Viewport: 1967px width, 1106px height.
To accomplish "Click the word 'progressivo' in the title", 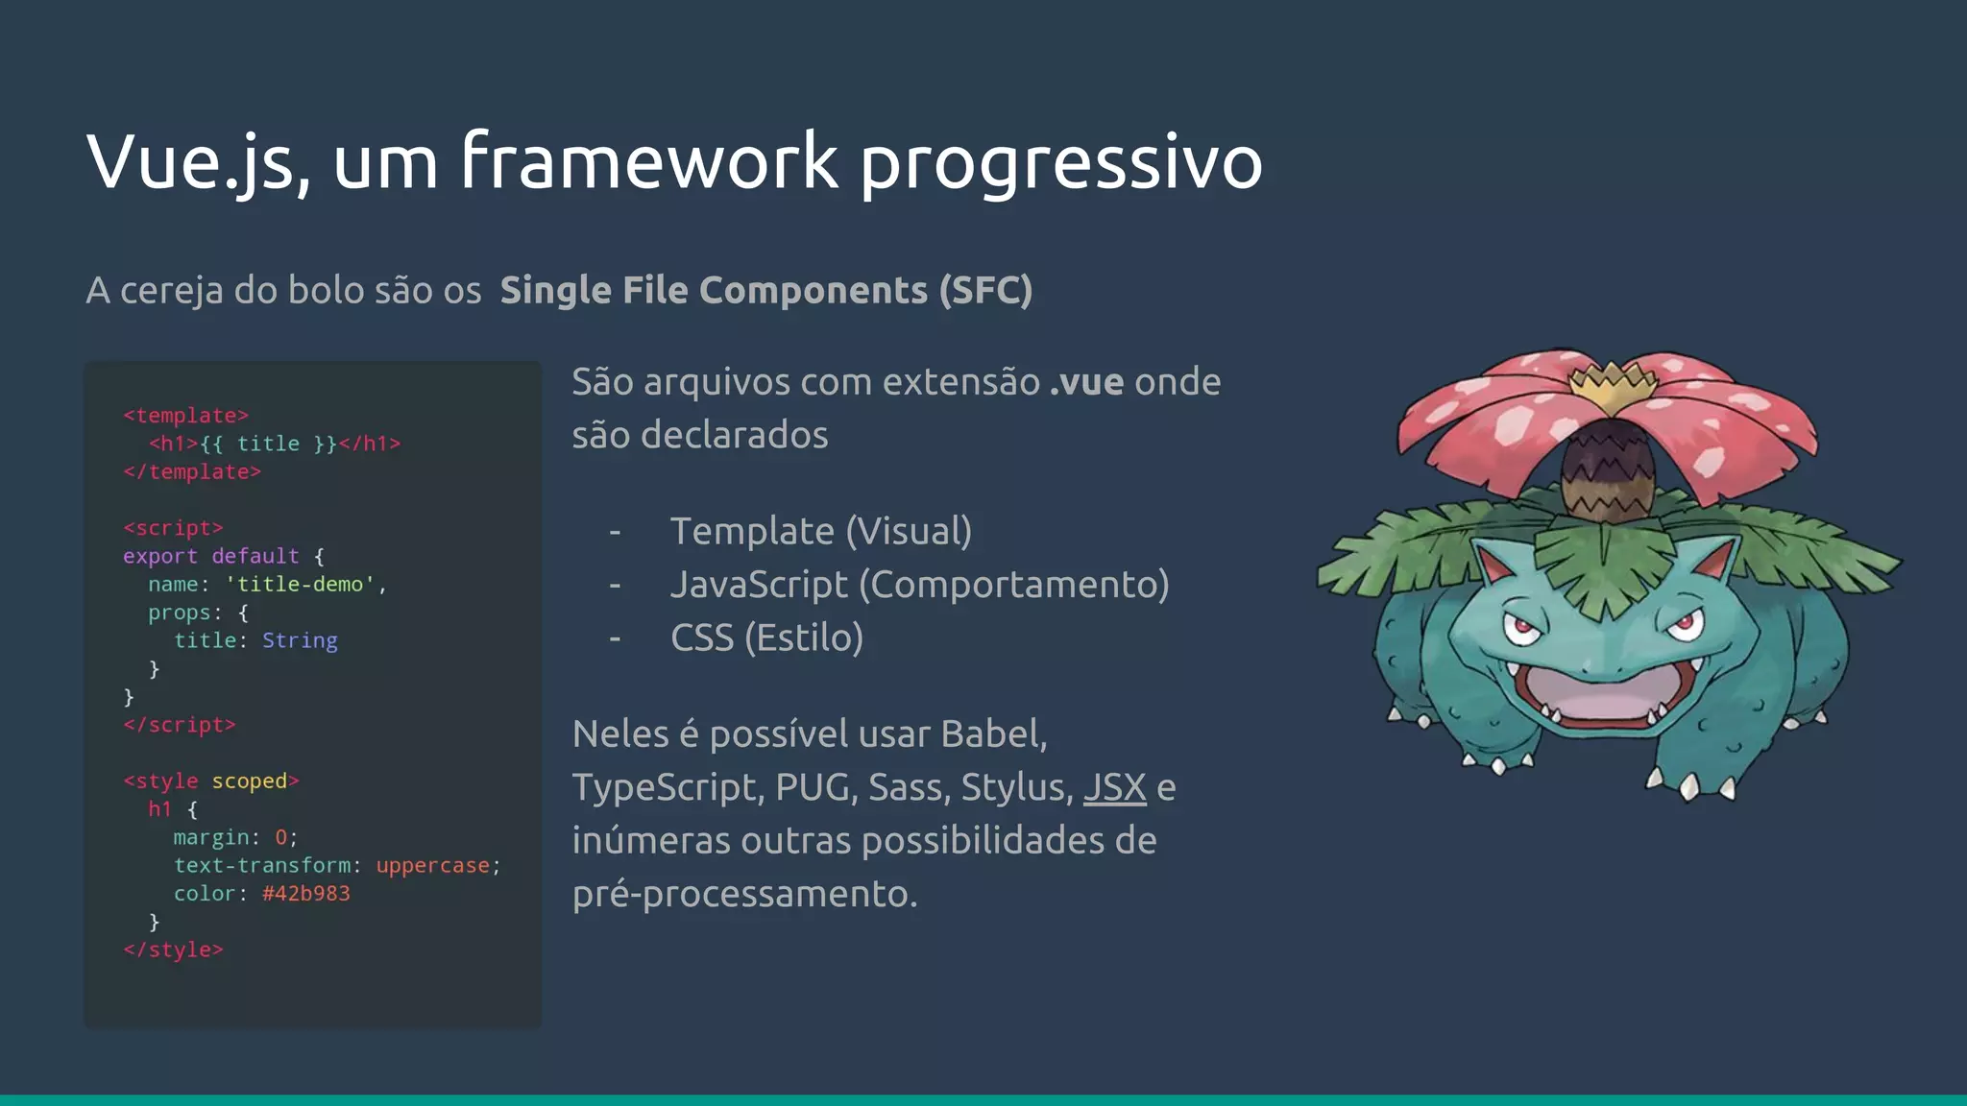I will [x=1060, y=163].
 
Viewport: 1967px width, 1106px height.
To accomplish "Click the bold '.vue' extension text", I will [x=1086, y=382].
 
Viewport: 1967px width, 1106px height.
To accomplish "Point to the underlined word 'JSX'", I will [x=1114, y=787].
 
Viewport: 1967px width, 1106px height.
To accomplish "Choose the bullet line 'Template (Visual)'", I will [x=820, y=531].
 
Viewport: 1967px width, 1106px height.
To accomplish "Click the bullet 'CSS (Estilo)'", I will [x=766, y=637].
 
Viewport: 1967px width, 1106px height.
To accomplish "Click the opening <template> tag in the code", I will [x=185, y=416].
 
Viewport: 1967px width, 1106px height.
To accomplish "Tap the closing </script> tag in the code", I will [x=179, y=725].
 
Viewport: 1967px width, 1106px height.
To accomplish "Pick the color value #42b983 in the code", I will [x=305, y=894].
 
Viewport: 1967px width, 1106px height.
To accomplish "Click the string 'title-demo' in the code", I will [x=300, y=585].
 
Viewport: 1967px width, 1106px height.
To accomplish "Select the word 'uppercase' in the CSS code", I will [x=432, y=866].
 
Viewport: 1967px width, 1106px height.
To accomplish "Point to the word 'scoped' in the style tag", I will [x=249, y=781].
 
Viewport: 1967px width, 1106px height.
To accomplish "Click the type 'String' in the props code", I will [x=300, y=640].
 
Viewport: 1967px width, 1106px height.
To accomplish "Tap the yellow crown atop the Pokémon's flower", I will [x=1613, y=385].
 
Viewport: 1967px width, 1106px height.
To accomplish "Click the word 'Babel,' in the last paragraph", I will [x=994, y=734].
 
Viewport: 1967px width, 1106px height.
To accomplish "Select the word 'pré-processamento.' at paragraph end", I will [x=744, y=894].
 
